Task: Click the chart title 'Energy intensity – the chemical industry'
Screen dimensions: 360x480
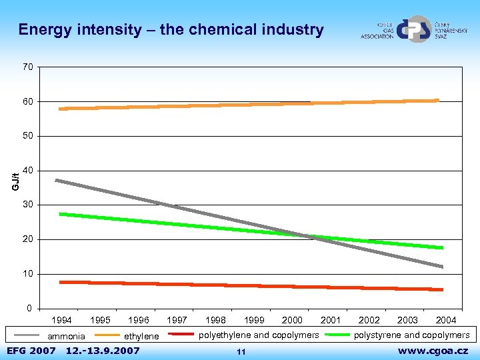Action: tap(171, 30)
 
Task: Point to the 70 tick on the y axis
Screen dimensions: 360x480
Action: tap(27, 67)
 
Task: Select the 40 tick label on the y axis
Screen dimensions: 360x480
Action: tap(27, 171)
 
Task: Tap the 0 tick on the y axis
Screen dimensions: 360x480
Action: tap(30, 309)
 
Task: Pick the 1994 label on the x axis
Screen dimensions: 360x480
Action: tap(62, 321)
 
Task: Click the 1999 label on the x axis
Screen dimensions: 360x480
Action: tap(254, 321)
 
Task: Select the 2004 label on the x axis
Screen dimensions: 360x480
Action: tap(446, 321)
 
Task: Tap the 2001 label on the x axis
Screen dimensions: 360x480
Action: tap(331, 321)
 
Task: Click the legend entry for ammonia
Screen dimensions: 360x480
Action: tap(66, 336)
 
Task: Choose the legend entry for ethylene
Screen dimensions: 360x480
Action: tap(142, 336)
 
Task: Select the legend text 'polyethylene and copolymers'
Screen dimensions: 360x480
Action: tap(259, 335)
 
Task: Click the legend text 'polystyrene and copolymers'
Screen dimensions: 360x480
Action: tap(411, 335)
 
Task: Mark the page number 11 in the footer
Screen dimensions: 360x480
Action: tap(241, 351)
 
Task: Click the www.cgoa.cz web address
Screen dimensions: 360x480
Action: tap(433, 351)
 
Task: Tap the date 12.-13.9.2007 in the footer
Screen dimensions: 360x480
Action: tap(103, 351)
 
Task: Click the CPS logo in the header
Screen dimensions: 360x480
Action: tap(414, 29)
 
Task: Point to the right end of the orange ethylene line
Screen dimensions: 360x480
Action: tap(438, 101)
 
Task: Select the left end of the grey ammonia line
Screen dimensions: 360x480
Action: tap(57, 180)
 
